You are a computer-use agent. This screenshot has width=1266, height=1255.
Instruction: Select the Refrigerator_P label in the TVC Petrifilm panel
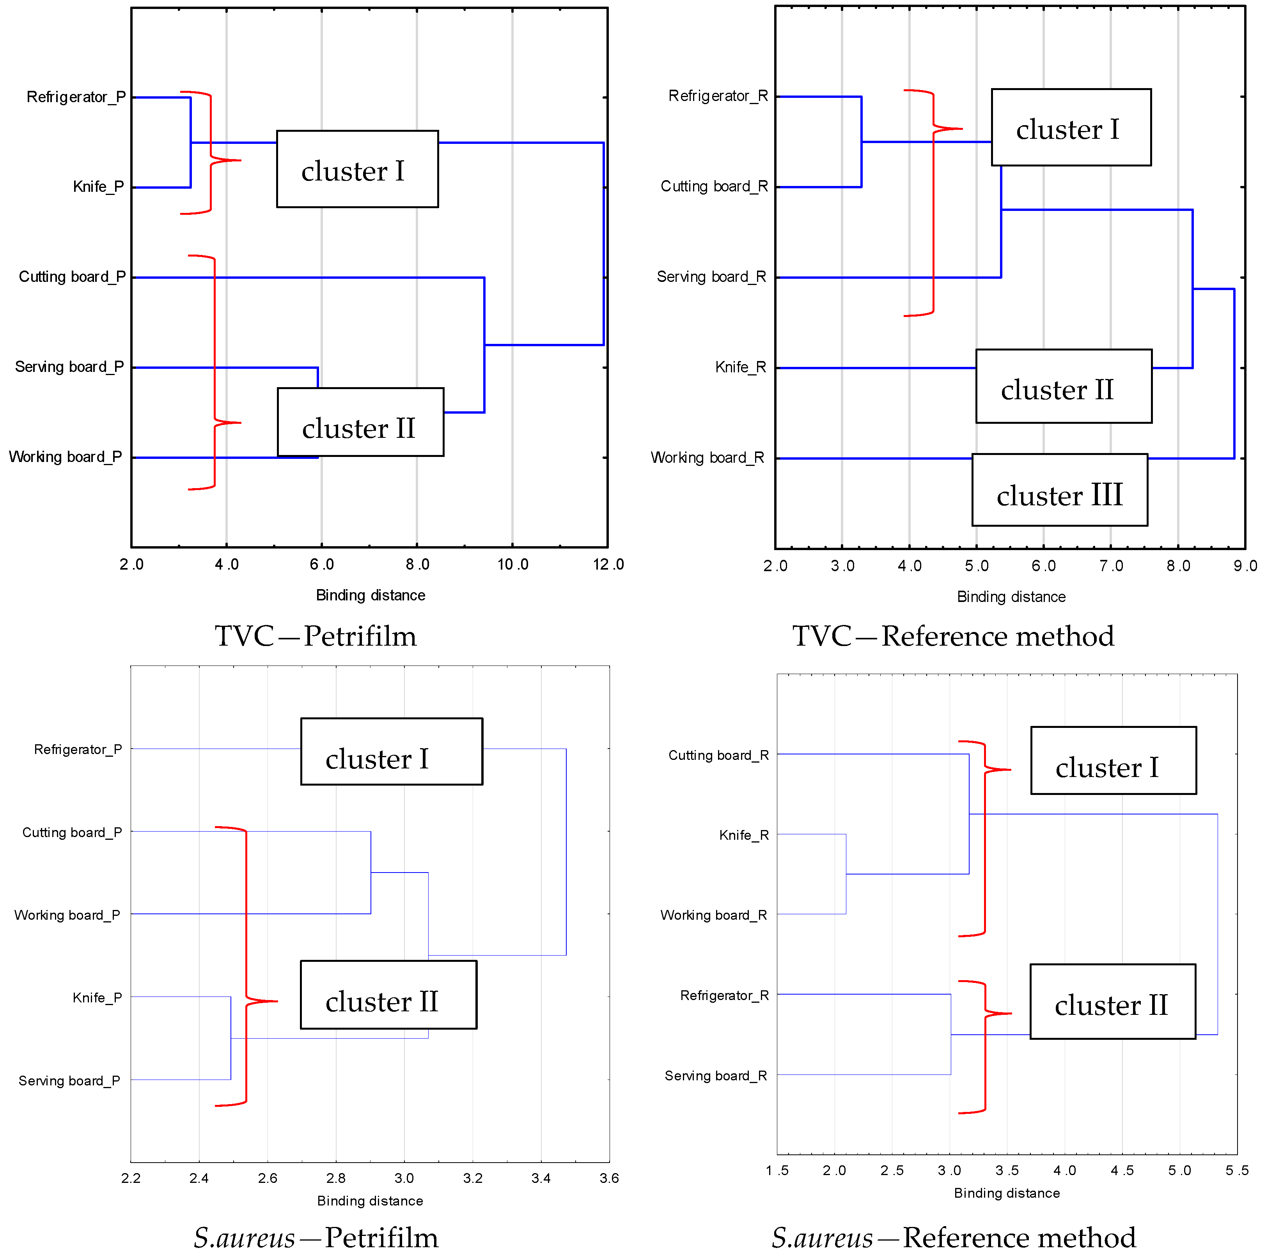76,97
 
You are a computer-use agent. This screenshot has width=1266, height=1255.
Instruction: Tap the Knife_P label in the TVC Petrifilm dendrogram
98,187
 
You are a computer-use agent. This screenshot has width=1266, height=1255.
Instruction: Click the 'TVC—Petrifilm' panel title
316,636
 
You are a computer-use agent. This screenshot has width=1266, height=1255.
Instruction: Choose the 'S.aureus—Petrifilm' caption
316,1237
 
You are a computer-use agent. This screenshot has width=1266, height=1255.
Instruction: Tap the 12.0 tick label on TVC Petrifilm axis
608,565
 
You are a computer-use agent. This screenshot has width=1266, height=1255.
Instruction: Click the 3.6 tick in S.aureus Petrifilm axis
609,1178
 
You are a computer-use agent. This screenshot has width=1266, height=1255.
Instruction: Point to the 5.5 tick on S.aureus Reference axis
1236,1170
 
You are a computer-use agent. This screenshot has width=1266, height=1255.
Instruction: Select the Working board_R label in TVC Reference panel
707,457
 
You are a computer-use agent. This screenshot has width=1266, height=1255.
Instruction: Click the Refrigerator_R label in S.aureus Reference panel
724,996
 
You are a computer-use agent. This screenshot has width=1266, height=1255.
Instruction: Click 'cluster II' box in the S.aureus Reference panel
1112,1002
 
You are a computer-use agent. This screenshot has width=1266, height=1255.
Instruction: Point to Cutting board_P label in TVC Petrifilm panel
72,276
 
